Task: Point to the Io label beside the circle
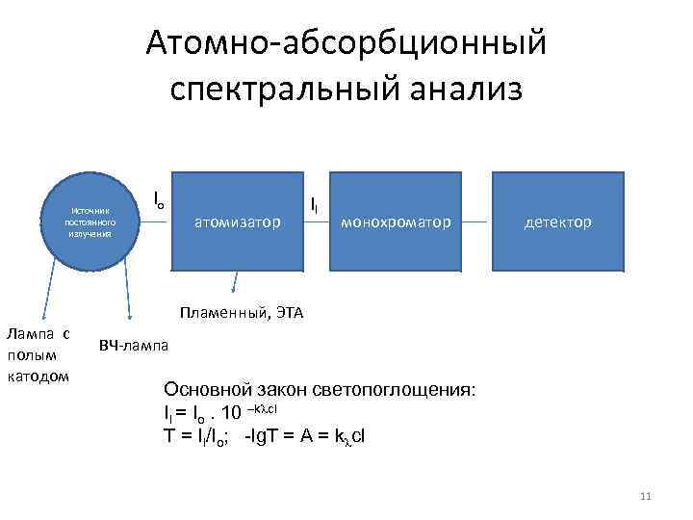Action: (x=159, y=199)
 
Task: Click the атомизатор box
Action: (x=238, y=221)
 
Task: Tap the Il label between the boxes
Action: (x=315, y=204)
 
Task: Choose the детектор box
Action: (x=558, y=221)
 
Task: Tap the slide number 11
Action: (x=645, y=496)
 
